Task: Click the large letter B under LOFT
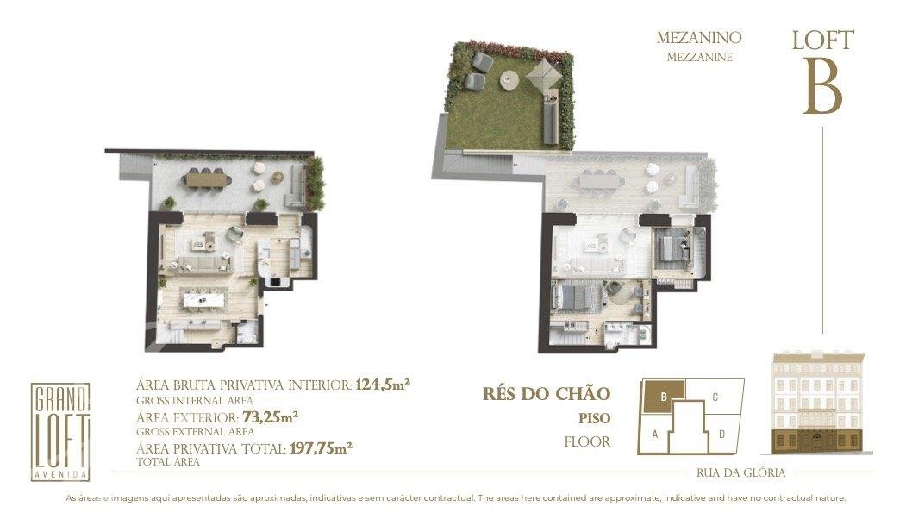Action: pyautogui.click(x=823, y=87)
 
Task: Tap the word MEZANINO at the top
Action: pyautogui.click(x=699, y=38)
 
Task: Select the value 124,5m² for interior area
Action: pyautogui.click(x=384, y=385)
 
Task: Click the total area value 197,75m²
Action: pyautogui.click(x=321, y=448)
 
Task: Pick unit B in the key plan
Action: pyautogui.click(x=664, y=397)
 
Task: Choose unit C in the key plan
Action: pyautogui.click(x=715, y=397)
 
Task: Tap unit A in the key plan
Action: pyautogui.click(x=655, y=434)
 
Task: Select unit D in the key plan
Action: pyautogui.click(x=721, y=434)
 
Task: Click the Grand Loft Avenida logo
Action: pyautogui.click(x=59, y=432)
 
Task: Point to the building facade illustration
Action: pyautogui.click(x=817, y=403)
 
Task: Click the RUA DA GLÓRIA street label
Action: pyautogui.click(x=740, y=472)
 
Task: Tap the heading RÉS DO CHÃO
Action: pyautogui.click(x=547, y=394)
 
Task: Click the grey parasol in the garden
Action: pyautogui.click(x=545, y=74)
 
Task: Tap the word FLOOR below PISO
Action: pyautogui.click(x=587, y=442)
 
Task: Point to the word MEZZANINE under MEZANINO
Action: pyautogui.click(x=700, y=58)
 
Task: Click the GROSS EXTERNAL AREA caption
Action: pyautogui.click(x=196, y=432)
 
